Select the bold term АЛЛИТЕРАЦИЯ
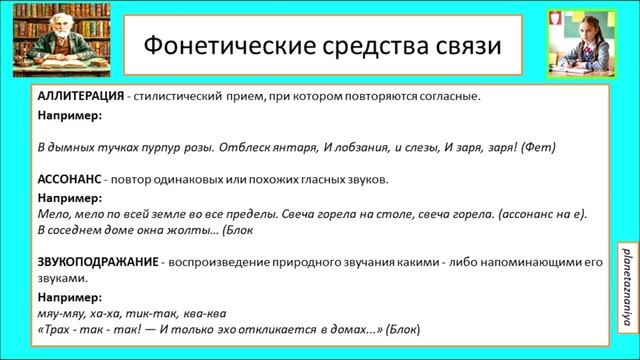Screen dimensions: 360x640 click(83, 97)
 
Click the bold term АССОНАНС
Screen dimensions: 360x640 click(70, 179)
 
